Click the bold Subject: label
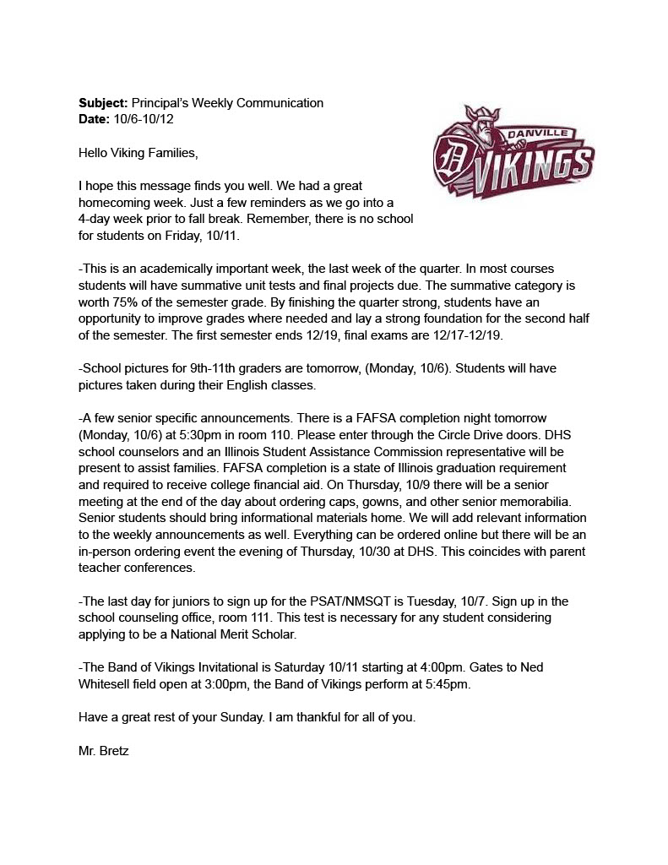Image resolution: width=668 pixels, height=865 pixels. click(103, 103)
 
